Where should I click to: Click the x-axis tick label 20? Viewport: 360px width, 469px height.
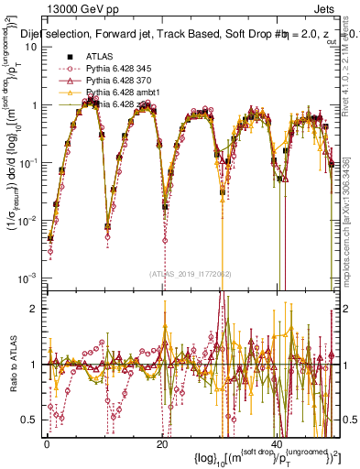click(x=161, y=443)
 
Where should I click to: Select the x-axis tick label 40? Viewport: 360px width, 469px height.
click(x=276, y=443)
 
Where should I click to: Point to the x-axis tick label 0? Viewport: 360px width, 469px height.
click(x=47, y=443)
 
